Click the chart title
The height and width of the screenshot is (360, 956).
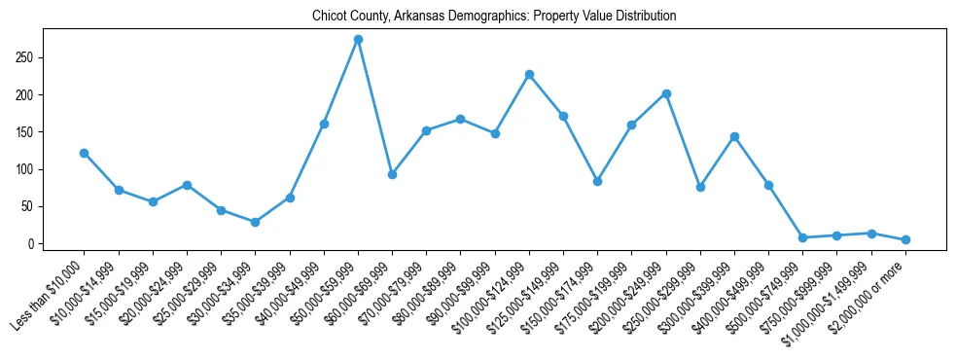click(494, 17)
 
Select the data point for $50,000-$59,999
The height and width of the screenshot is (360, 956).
click(358, 40)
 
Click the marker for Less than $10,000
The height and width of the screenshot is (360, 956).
click(84, 153)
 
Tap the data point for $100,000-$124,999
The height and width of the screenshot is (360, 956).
click(529, 74)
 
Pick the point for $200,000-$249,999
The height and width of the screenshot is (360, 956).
click(666, 93)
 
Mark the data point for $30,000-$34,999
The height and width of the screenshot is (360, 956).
click(255, 222)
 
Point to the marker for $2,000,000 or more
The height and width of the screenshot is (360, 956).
click(905, 239)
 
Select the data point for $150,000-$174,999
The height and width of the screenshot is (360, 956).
click(597, 181)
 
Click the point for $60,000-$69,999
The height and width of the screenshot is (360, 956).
click(392, 174)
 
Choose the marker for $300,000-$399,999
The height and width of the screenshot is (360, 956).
click(734, 136)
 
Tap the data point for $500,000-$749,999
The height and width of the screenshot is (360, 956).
click(802, 237)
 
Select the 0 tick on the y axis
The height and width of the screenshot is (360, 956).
click(32, 243)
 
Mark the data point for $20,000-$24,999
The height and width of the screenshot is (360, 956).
click(187, 185)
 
